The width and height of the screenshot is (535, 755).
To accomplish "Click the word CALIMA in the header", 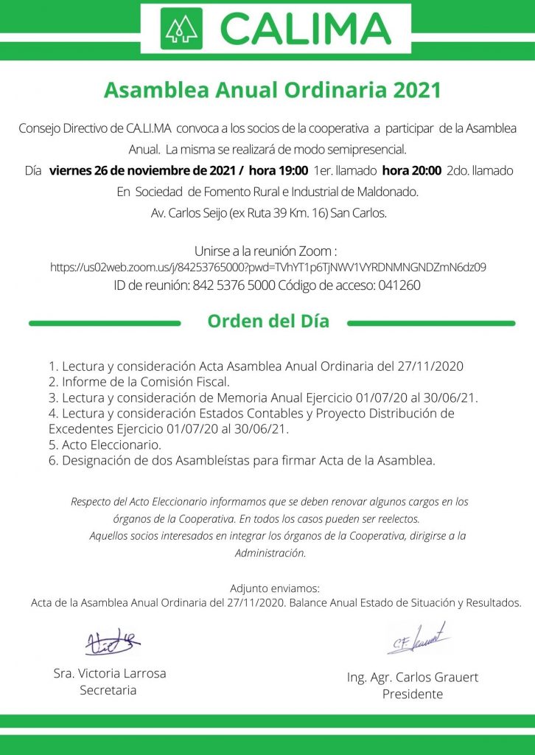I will pos(306,28).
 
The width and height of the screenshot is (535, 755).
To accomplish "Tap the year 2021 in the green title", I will pos(416,91).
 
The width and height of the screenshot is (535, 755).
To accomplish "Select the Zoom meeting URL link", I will pos(267,268).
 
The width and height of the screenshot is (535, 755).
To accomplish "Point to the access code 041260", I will pos(399,285).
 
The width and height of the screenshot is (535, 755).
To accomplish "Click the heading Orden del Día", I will pos(268,322).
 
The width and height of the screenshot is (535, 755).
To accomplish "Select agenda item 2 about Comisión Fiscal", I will pos(140,382).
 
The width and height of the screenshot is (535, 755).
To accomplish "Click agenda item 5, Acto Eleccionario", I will pos(105,445).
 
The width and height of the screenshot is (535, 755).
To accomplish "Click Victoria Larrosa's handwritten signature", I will pos(111,642).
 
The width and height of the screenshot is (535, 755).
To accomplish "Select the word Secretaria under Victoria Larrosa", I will pos(108,690).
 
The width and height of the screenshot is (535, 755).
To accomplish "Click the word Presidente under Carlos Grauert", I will pos(413,694).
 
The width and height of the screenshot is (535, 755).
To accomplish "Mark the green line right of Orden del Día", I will pos(430,323).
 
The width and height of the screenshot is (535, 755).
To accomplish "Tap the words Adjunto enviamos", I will pos(275,588).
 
